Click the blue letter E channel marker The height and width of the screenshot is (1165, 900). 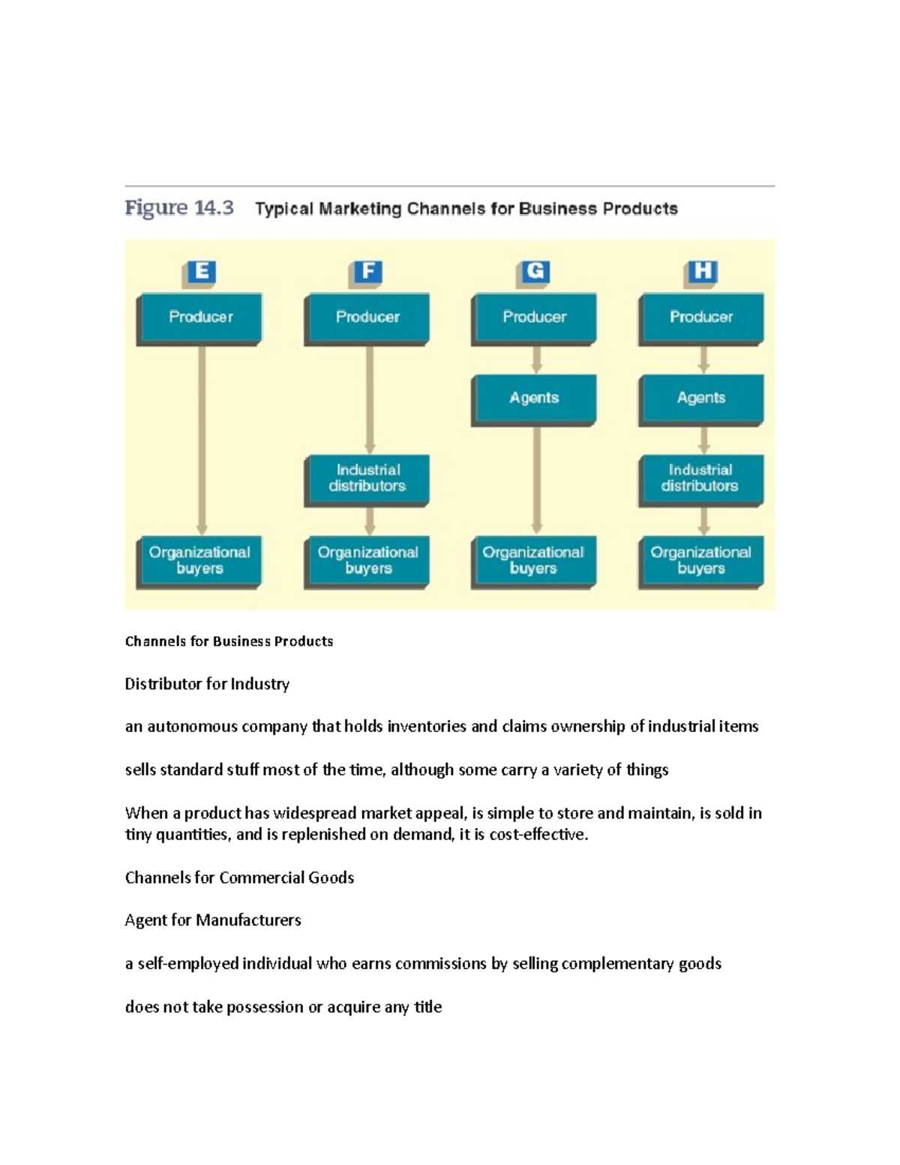tap(200, 272)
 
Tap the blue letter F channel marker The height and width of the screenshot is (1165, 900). tap(367, 272)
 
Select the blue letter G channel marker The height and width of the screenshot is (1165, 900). tap(535, 272)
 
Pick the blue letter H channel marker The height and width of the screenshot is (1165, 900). tap(702, 272)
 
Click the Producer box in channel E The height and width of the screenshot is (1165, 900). tap(199, 319)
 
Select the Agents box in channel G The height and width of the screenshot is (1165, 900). tap(534, 400)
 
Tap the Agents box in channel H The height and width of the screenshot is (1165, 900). tap(701, 400)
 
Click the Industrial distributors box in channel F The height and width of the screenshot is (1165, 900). tap(367, 480)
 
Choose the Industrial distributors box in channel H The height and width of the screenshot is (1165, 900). tap(701, 480)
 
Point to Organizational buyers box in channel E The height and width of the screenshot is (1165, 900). tap(199, 563)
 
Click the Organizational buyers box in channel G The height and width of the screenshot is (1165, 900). tap(534, 563)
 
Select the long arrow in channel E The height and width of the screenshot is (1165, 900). tap(202, 440)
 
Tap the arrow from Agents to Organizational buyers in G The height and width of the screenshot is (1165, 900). tap(536, 481)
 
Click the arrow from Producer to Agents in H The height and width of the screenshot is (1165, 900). tap(703, 360)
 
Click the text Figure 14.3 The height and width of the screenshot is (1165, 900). tap(179, 208)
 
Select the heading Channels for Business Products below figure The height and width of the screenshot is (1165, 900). tap(229, 641)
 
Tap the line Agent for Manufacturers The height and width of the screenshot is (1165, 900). tap(213, 920)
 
